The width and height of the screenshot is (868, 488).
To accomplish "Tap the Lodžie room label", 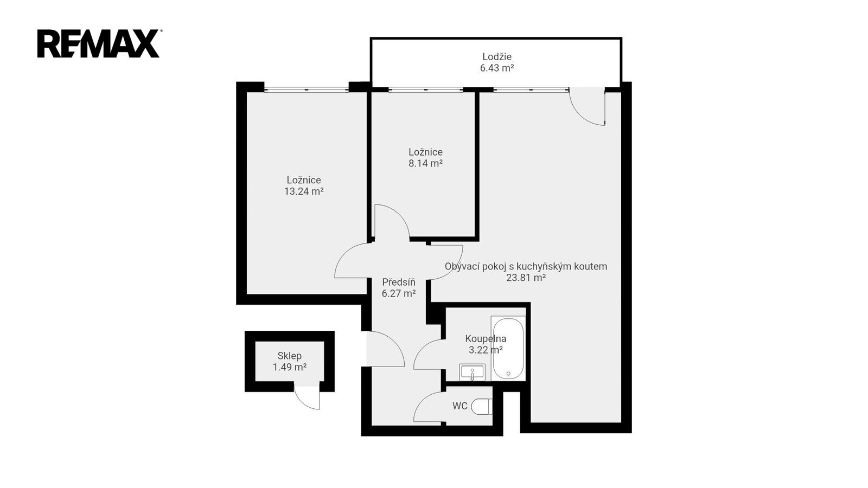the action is click(x=497, y=56).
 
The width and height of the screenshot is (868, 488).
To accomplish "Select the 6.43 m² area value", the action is click(x=497, y=68).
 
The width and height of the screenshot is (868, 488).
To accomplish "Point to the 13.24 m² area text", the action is click(x=304, y=191).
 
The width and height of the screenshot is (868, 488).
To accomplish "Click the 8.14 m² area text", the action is click(x=425, y=163).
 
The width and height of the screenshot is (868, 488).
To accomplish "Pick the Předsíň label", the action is click(x=399, y=282).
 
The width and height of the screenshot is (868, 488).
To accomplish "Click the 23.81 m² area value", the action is click(x=526, y=278).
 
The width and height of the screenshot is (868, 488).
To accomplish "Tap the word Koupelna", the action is click(x=486, y=339).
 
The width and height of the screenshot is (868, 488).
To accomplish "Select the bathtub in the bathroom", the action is click(x=508, y=348).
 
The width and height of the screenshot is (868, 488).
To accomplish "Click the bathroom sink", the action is click(x=472, y=373).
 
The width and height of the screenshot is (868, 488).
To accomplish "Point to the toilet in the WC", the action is click(x=482, y=407).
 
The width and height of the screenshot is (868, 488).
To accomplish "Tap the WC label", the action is click(x=460, y=406).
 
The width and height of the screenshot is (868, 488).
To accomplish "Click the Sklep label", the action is click(x=290, y=356).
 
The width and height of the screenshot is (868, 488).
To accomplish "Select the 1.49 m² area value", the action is click(x=290, y=367).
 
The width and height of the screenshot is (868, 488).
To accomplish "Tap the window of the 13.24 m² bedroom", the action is click(x=307, y=89).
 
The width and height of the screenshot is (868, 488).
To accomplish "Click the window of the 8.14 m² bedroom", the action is click(x=426, y=89).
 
